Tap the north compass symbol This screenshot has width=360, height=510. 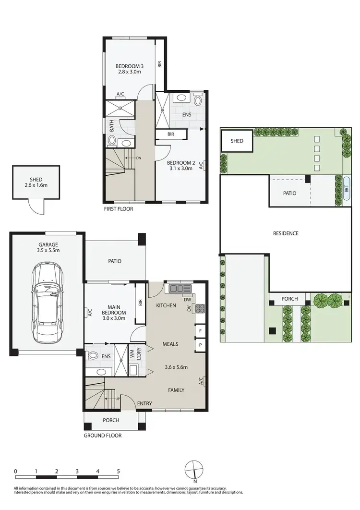click(195, 469)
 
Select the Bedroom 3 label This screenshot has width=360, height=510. click(129, 69)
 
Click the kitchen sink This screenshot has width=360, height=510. click(179, 289)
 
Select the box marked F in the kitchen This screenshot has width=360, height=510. click(200, 331)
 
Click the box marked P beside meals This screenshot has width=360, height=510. click(200, 345)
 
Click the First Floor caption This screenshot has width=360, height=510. click(118, 209)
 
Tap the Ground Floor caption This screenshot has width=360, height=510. click(102, 436)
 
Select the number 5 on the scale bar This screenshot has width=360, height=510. click(118, 471)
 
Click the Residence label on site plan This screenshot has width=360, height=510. click(286, 233)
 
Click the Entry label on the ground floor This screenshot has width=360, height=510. click(144, 403)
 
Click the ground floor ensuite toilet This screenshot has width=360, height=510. click(92, 356)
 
